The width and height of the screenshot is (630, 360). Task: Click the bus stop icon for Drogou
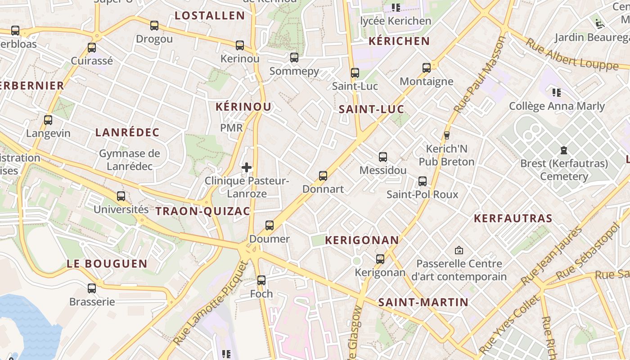154,26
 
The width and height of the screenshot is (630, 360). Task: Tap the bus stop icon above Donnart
323,176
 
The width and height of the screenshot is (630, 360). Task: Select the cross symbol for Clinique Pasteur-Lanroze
247,167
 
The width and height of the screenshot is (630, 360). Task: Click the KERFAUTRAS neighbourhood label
513,219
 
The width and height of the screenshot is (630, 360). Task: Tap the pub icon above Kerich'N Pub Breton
447,135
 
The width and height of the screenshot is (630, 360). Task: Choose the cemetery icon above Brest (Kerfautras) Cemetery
564,150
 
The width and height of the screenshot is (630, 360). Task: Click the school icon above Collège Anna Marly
557,93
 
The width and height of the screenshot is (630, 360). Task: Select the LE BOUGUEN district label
107,264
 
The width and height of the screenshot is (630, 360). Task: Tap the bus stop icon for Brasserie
92,288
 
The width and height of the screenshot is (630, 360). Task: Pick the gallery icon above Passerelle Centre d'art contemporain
459,250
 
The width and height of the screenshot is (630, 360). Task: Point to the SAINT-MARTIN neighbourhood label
423,302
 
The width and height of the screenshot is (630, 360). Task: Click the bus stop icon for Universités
121,196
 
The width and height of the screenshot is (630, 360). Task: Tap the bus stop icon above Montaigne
427,68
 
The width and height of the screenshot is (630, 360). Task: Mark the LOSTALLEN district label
210,16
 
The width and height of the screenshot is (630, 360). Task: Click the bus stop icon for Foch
261,280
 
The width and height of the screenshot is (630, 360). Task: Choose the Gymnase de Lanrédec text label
130,160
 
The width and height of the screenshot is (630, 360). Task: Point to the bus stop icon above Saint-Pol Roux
423,181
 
